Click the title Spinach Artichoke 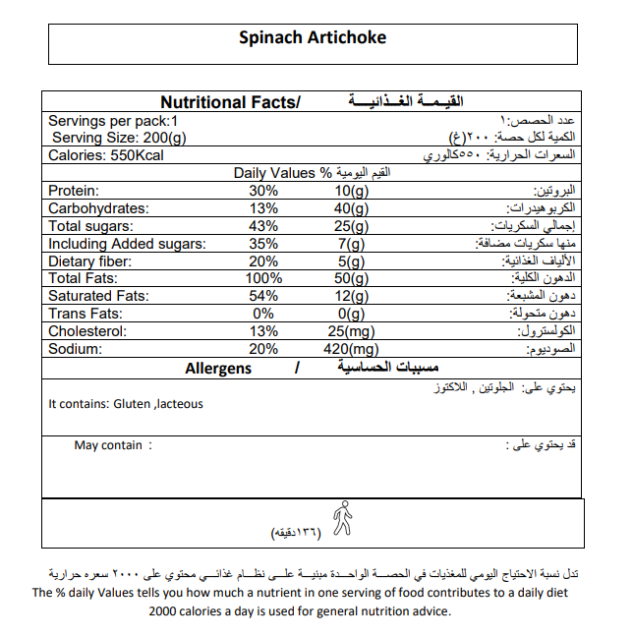coord(314,38)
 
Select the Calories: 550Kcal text coord(107,155)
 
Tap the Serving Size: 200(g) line coord(119,138)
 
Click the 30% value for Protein coord(263,191)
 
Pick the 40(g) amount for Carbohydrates coord(351,208)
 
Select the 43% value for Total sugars coord(263,226)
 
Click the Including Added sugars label coord(127,244)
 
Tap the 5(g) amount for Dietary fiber coord(351,261)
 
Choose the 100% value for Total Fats coord(263,279)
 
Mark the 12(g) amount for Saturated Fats coord(351,296)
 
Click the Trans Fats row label coord(86,314)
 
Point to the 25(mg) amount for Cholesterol coord(351,331)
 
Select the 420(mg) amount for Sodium coord(351,349)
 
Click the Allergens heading coord(218,369)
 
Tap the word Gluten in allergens coord(134,404)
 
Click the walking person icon coord(342,518)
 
